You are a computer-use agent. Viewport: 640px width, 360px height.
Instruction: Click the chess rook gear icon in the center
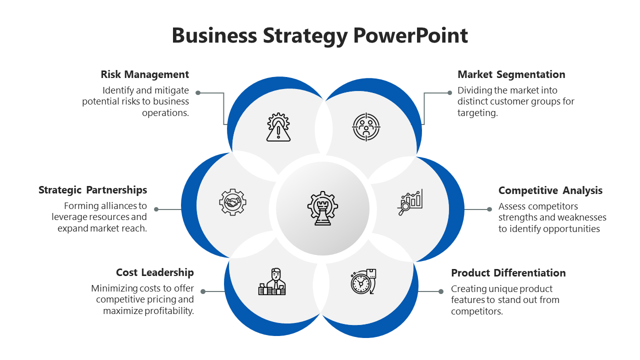(x=322, y=208)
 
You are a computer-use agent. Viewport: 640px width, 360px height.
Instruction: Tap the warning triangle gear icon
(x=278, y=127)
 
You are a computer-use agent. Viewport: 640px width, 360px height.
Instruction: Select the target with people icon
(x=366, y=127)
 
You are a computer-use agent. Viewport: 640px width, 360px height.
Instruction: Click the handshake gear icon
(x=232, y=202)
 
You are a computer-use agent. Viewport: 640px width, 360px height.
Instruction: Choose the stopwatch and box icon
(x=363, y=281)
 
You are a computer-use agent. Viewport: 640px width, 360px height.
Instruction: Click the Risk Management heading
(x=145, y=74)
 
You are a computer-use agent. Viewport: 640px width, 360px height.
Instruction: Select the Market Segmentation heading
(x=511, y=74)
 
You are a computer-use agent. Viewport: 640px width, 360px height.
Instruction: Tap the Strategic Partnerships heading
(x=93, y=190)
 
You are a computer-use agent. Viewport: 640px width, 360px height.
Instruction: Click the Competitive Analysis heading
(x=550, y=190)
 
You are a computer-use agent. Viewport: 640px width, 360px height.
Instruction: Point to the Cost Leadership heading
(x=155, y=272)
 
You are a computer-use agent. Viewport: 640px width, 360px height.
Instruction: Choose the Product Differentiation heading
(x=508, y=273)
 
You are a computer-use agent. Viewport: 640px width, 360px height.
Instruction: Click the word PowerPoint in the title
(x=410, y=36)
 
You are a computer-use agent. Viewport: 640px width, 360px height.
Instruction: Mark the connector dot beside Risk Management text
(x=198, y=93)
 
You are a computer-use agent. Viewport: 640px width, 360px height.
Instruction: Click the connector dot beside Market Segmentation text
(x=449, y=92)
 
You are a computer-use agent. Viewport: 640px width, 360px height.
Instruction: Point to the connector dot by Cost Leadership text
(x=203, y=291)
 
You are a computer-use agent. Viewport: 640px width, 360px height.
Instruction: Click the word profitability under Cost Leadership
(x=168, y=311)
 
